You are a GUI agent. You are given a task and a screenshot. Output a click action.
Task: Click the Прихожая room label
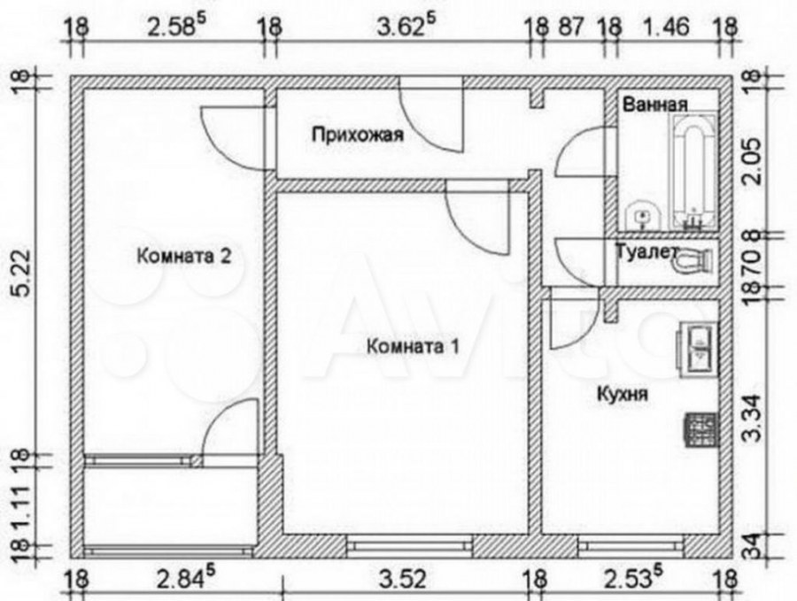click(x=358, y=135)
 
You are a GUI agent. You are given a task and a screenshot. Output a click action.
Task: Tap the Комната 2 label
click(x=184, y=256)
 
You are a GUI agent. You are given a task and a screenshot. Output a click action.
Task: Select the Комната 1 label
click(x=412, y=346)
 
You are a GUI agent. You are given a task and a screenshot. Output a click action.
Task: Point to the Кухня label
click(x=623, y=394)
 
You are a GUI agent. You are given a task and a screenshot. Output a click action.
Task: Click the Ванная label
click(x=654, y=104)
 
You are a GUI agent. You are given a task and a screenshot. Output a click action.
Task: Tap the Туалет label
click(x=646, y=251)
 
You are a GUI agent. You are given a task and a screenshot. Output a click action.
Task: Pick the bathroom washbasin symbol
click(x=642, y=216)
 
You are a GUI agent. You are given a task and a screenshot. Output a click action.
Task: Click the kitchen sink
click(x=698, y=350)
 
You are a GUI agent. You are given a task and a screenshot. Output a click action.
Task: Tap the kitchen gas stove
click(x=702, y=429)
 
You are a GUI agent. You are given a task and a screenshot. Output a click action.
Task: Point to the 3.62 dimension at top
click(x=400, y=27)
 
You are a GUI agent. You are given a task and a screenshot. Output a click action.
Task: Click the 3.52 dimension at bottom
click(x=405, y=579)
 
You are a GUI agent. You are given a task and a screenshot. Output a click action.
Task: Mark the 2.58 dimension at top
click(x=172, y=27)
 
